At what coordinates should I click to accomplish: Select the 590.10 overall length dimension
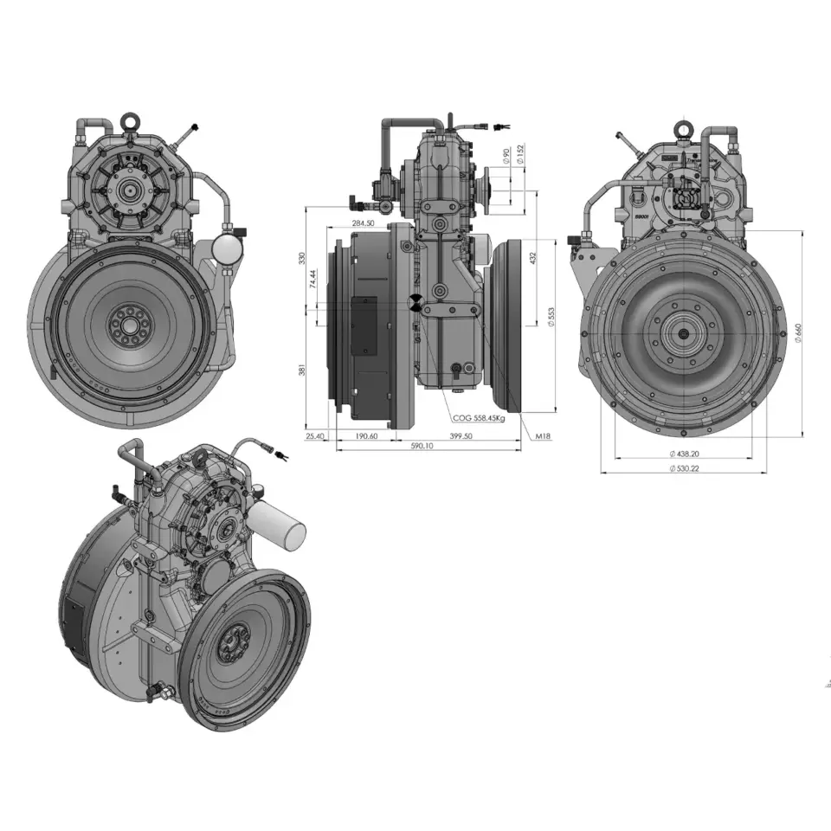pos(422,447)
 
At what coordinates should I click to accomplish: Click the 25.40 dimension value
pos(315,436)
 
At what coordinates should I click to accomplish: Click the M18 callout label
pos(542,436)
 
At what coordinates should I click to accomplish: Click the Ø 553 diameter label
pos(552,318)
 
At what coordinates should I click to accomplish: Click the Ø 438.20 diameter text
pos(684,454)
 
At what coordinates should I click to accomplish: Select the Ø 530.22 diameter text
pos(684,468)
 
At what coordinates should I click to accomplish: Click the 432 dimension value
pos(533,258)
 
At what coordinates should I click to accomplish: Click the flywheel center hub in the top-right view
pos(683,334)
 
